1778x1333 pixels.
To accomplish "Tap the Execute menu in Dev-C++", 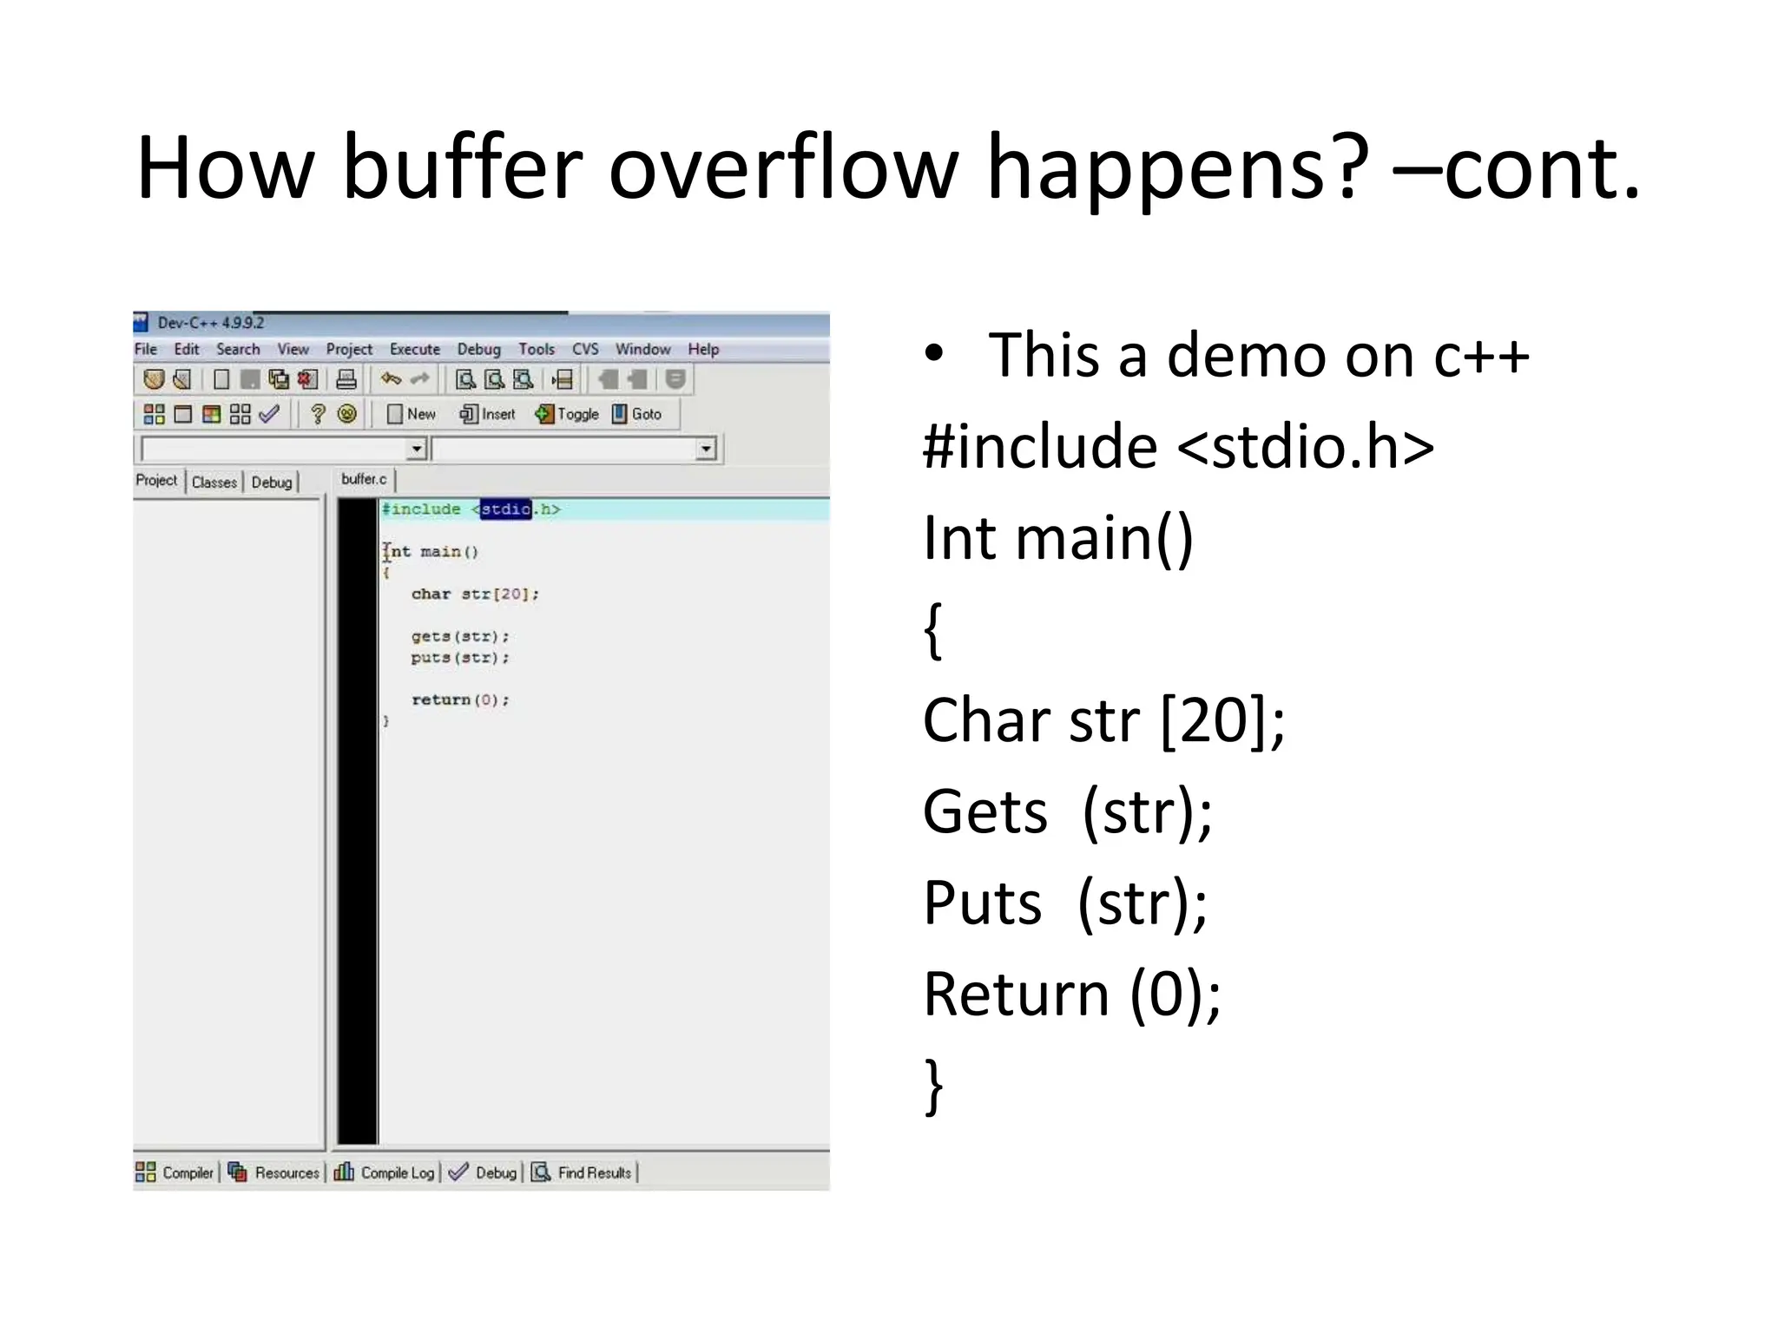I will click(x=414, y=349).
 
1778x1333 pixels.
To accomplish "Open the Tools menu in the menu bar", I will click(x=536, y=349).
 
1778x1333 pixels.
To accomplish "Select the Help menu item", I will click(x=703, y=349).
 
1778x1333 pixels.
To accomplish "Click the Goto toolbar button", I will click(x=637, y=414).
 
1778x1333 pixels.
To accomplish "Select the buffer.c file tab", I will click(x=364, y=479).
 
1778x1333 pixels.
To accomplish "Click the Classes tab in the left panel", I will click(x=214, y=482).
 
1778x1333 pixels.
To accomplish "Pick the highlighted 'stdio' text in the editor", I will click(x=505, y=509).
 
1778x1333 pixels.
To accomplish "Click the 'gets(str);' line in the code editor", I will click(x=459, y=636).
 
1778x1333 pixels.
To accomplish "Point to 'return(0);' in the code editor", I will click(x=459, y=699).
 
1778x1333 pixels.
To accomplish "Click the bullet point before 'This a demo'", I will click(x=933, y=353).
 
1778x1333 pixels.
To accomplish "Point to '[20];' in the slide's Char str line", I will click(x=1222, y=720).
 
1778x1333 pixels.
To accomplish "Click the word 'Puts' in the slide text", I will click(x=982, y=903).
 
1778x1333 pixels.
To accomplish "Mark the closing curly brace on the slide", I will click(x=933, y=1085).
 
